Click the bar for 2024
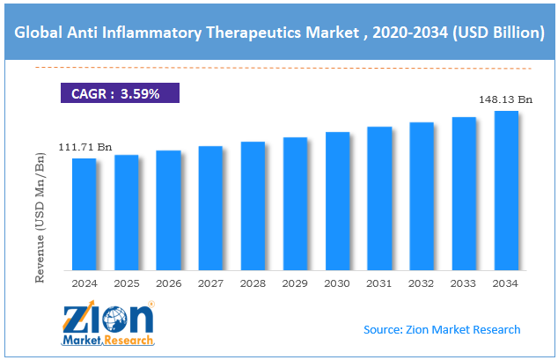pos(84,214)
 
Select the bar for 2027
pos(210,208)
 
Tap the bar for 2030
pos(337,201)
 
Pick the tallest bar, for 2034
pos(506,190)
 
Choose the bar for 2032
pos(422,195)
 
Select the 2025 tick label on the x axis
pos(126,283)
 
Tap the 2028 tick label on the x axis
pos(253,283)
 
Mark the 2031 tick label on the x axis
pos(379,283)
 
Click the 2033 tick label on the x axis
pos(464,283)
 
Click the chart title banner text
pos(279,33)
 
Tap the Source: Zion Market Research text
pos(442,329)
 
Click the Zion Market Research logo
pos(107,322)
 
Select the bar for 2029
pos(295,203)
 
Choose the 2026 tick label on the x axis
pos(168,283)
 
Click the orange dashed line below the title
pos(279,67)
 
